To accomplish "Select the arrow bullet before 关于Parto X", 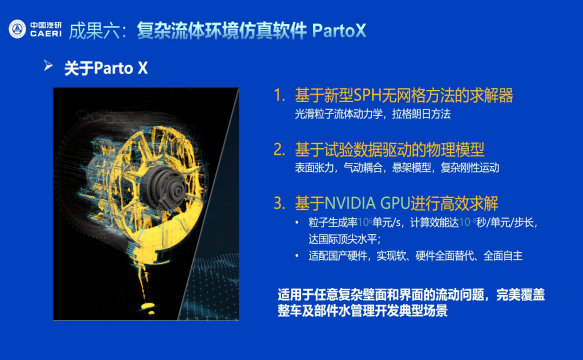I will [47, 67].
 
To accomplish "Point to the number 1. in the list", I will [279, 96].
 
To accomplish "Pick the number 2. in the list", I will [279, 150].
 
